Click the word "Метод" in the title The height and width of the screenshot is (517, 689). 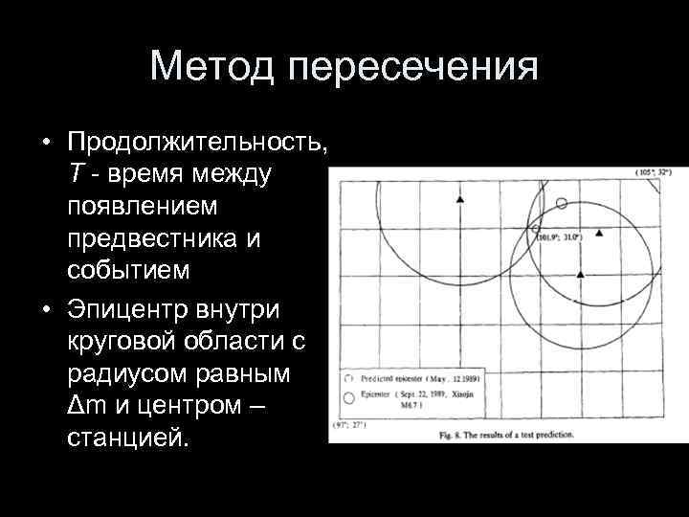pyautogui.click(x=212, y=67)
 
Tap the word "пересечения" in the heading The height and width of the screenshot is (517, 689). pyautogui.click(x=411, y=67)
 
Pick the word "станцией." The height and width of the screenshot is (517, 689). pyautogui.click(x=129, y=439)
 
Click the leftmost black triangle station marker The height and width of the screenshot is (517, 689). pyautogui.click(x=460, y=198)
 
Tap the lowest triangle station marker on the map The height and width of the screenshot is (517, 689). pyautogui.click(x=580, y=274)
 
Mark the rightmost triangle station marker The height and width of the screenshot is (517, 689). pyautogui.click(x=600, y=233)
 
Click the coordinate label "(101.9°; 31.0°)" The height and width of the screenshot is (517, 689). pyautogui.click(x=559, y=236)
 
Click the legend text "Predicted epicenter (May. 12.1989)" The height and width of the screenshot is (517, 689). pyautogui.click(x=420, y=378)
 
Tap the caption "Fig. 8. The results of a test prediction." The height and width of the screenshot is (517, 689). pyautogui.click(x=506, y=435)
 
